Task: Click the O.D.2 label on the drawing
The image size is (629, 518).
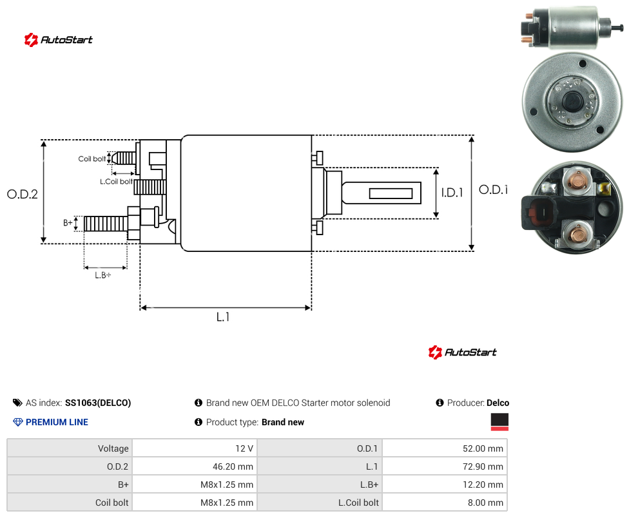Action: (x=23, y=195)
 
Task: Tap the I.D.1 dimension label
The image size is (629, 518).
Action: (x=452, y=193)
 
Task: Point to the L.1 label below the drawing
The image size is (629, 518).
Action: (x=223, y=317)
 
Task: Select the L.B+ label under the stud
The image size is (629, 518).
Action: (x=103, y=275)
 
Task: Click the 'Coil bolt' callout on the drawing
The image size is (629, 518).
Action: (x=92, y=158)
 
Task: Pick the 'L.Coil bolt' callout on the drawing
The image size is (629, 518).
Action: (x=116, y=182)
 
